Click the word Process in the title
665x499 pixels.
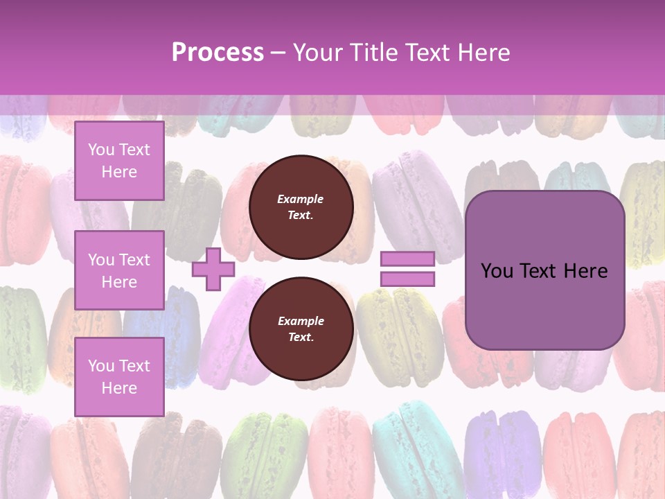[x=218, y=53]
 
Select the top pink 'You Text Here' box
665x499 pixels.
[x=119, y=161]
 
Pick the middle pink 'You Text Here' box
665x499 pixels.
[x=119, y=270]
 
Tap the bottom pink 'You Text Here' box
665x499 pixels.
[x=119, y=377]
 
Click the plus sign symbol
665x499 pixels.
[x=213, y=269]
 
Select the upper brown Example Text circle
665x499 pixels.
[x=301, y=207]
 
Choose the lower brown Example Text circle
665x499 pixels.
[x=301, y=329]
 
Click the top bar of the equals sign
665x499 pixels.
[x=407, y=259]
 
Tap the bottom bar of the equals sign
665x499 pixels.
[x=407, y=279]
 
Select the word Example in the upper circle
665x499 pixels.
[x=301, y=200]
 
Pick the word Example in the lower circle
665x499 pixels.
[x=301, y=322]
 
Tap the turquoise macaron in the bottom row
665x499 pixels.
[x=409, y=444]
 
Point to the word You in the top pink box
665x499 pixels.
[x=101, y=150]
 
